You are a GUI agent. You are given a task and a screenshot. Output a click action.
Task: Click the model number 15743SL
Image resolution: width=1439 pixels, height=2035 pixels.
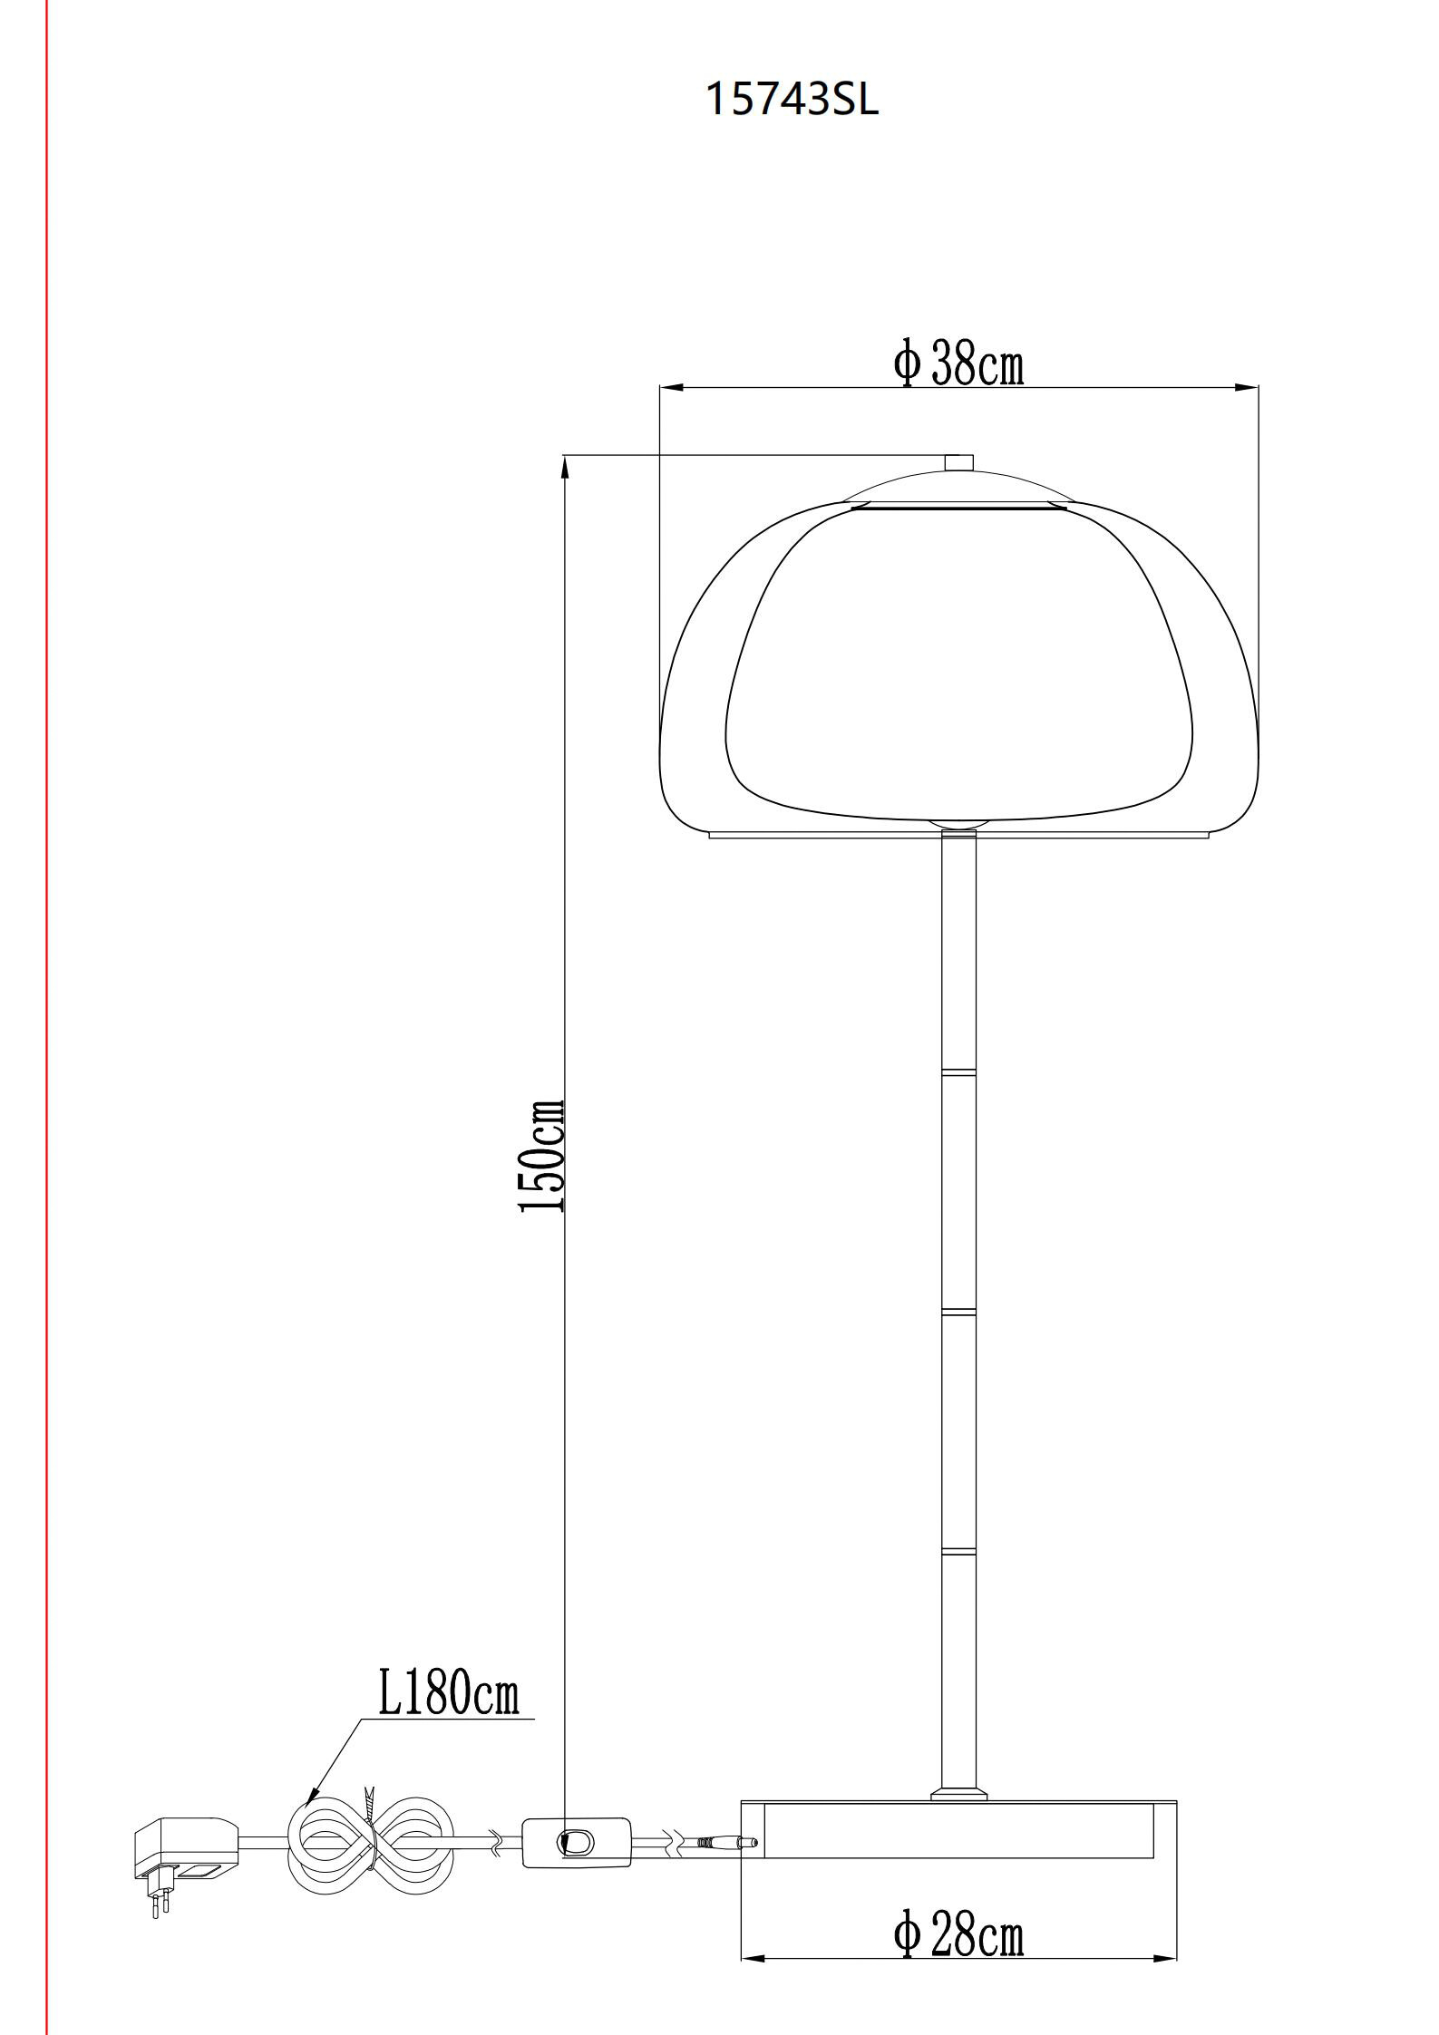pyautogui.click(x=792, y=99)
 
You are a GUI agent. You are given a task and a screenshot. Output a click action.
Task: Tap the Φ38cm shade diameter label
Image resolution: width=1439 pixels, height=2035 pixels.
pyautogui.click(x=958, y=364)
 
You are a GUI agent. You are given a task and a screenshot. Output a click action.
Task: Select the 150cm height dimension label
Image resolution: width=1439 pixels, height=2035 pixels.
pyautogui.click(x=542, y=1156)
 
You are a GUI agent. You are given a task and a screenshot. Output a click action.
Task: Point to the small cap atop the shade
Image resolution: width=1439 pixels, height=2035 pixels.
pyautogui.click(x=958, y=462)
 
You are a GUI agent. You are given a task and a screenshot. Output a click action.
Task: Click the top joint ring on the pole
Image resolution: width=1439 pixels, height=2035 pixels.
pyautogui.click(x=959, y=1072)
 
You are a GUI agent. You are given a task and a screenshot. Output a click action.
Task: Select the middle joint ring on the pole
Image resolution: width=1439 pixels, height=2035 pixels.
pyautogui.click(x=959, y=1312)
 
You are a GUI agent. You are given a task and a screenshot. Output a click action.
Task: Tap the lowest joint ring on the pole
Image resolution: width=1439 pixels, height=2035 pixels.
pyautogui.click(x=959, y=1552)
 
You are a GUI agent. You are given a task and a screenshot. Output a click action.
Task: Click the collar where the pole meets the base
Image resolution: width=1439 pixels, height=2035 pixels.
pyautogui.click(x=959, y=1793)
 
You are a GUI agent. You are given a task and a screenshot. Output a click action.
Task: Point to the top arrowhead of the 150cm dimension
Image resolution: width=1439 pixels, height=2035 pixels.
pyautogui.click(x=565, y=466)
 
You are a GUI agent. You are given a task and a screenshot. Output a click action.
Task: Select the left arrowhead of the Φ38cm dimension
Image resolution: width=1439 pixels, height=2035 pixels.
pyautogui.click(x=670, y=388)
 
